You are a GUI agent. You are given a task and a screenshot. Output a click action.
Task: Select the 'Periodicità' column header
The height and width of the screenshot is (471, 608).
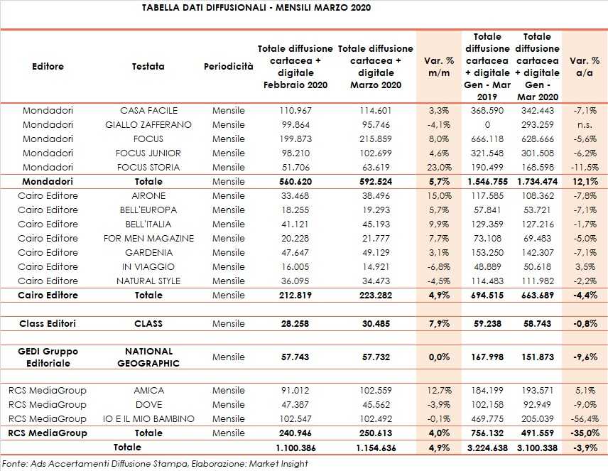(228, 66)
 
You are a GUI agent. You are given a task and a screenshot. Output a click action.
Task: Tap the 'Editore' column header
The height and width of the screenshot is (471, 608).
(48, 66)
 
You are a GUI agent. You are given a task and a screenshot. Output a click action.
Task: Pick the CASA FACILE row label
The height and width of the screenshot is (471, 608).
(148, 111)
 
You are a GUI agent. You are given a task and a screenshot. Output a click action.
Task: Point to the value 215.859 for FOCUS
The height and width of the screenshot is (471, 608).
(375, 139)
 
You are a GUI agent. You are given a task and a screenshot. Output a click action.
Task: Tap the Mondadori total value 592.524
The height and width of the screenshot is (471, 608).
(375, 182)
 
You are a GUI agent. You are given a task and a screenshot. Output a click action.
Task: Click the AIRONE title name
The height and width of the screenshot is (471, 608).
(148, 196)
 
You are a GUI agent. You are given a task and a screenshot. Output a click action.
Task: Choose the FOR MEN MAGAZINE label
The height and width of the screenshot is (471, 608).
(148, 239)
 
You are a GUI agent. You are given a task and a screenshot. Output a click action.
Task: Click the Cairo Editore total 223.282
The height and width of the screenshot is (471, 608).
(375, 296)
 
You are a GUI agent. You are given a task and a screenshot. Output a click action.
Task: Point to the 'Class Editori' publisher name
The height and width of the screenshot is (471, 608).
(48, 324)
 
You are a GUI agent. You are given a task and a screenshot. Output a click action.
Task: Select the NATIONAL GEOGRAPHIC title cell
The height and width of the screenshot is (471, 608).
(148, 357)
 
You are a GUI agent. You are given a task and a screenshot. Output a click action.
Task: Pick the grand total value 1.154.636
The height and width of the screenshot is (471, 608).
(375, 448)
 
